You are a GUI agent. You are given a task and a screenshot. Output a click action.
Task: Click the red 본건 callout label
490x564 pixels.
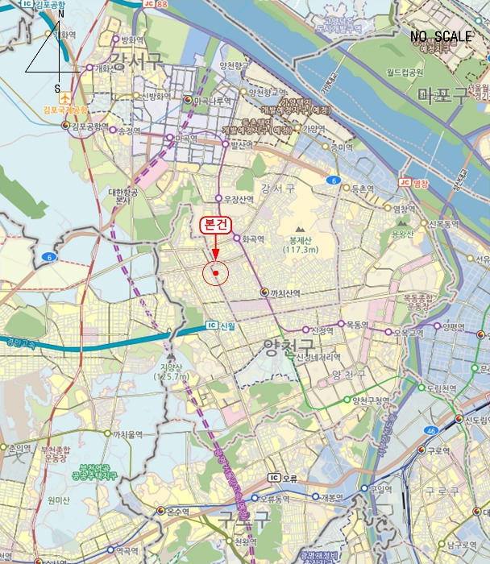(215, 226)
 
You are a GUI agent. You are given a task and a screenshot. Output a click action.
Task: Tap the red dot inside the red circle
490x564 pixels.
(216, 273)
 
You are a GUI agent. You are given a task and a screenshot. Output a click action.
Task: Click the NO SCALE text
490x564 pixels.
(441, 37)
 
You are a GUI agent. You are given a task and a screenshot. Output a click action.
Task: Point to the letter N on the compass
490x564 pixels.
(60, 14)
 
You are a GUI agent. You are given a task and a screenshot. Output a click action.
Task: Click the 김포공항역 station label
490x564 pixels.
(89, 126)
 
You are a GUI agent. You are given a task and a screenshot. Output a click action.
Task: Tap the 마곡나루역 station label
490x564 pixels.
(212, 101)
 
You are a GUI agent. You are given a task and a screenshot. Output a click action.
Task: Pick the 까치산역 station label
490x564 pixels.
(285, 292)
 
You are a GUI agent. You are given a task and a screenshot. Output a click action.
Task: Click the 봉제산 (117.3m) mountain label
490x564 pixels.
(300, 245)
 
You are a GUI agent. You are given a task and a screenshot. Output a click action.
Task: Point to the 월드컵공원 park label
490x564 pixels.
(405, 73)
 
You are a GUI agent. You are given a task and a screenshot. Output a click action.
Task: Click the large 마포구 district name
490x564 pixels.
(442, 97)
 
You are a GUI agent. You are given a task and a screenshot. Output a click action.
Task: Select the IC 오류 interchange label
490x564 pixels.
(283, 478)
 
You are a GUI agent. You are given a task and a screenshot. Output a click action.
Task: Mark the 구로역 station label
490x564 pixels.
(442, 450)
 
